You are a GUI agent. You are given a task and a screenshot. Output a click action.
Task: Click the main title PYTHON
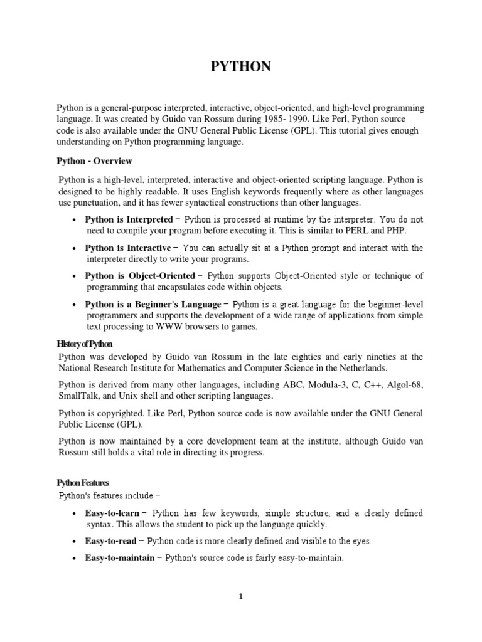(240, 67)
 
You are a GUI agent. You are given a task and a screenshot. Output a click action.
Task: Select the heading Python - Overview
(95, 161)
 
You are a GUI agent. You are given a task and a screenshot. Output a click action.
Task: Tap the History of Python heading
(85, 344)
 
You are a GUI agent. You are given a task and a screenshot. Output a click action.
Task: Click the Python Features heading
(83, 483)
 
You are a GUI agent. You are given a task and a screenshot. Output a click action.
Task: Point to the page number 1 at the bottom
(240, 597)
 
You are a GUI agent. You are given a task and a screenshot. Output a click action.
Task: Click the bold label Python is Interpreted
(128, 219)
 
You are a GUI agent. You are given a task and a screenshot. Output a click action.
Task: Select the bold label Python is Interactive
(127, 248)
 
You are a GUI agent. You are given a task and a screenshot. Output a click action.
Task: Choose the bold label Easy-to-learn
(112, 513)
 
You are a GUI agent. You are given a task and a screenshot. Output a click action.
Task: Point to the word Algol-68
(405, 385)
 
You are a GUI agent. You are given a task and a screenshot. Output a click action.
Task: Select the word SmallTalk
(78, 396)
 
